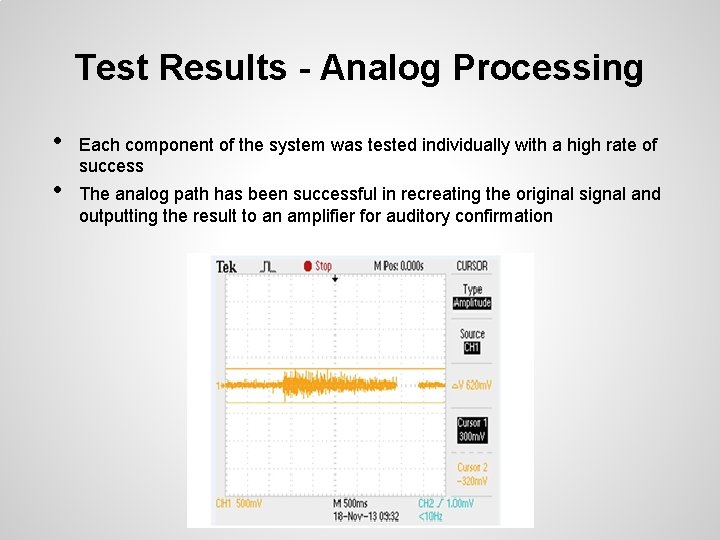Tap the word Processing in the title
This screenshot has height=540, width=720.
point(548,68)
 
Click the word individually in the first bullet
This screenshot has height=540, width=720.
point(460,145)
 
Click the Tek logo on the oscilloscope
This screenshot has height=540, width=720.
point(227,267)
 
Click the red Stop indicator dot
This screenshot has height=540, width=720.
point(308,266)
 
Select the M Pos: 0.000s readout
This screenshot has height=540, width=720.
point(399,266)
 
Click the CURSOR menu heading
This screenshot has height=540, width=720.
point(472,266)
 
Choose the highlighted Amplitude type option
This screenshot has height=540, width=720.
point(472,303)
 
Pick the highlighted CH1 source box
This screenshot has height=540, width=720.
point(472,348)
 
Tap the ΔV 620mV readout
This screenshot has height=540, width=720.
point(472,385)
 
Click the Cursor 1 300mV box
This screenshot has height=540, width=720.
point(472,429)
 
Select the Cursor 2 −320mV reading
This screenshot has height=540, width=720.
point(472,472)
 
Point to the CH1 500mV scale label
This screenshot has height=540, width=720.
point(239,503)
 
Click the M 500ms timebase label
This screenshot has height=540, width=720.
point(350,503)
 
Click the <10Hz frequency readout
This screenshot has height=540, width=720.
point(432,516)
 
